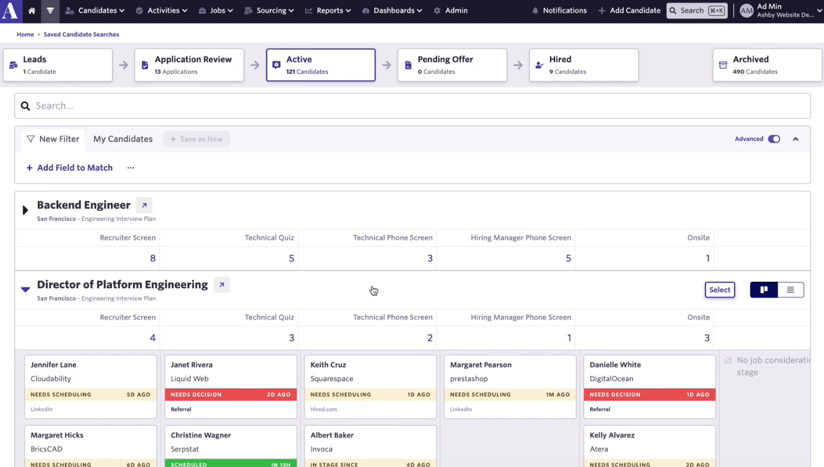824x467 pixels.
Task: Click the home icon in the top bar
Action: (x=32, y=10)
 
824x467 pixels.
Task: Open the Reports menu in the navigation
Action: (x=328, y=10)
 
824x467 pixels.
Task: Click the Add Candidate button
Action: (x=630, y=10)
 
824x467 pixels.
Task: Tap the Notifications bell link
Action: (x=559, y=10)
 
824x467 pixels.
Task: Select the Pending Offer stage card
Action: (x=452, y=65)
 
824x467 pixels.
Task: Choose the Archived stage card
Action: (x=767, y=65)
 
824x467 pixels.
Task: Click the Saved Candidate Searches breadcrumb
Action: (x=81, y=34)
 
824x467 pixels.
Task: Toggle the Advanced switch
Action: (x=774, y=139)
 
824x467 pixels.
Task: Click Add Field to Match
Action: (x=70, y=168)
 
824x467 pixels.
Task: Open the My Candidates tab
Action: (x=123, y=139)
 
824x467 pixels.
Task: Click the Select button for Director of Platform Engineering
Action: (x=720, y=290)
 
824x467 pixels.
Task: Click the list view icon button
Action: (x=790, y=290)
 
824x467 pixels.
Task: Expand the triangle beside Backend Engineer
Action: (x=25, y=210)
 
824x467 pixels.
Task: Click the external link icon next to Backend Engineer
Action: (x=144, y=205)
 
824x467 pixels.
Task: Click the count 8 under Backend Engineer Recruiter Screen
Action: (x=153, y=258)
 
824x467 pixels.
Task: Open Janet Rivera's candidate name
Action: (x=191, y=365)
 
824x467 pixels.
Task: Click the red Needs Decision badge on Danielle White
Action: (x=650, y=394)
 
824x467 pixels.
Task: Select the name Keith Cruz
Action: (x=328, y=365)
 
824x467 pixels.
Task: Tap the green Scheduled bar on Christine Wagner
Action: (x=230, y=463)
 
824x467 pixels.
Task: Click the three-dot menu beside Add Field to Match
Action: (x=131, y=168)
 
